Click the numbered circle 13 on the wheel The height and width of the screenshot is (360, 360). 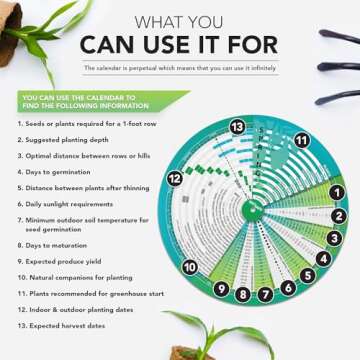pyautogui.click(x=237, y=127)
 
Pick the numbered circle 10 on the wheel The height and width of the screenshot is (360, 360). pyautogui.click(x=189, y=267)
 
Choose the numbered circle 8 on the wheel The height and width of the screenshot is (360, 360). pyautogui.click(x=242, y=294)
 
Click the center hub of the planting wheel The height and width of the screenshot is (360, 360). pyautogui.click(x=251, y=209)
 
